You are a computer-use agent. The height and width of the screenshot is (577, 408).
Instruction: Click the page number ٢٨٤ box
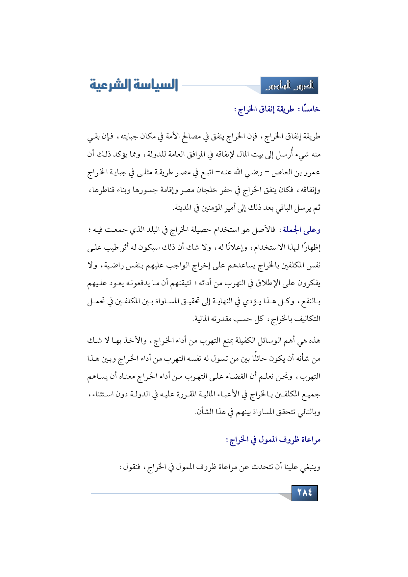304,493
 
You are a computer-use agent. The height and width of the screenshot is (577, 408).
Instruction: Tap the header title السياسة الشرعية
134,85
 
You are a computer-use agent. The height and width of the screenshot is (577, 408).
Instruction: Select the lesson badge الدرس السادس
289,86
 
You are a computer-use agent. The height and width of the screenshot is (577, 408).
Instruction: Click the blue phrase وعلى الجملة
302,230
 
